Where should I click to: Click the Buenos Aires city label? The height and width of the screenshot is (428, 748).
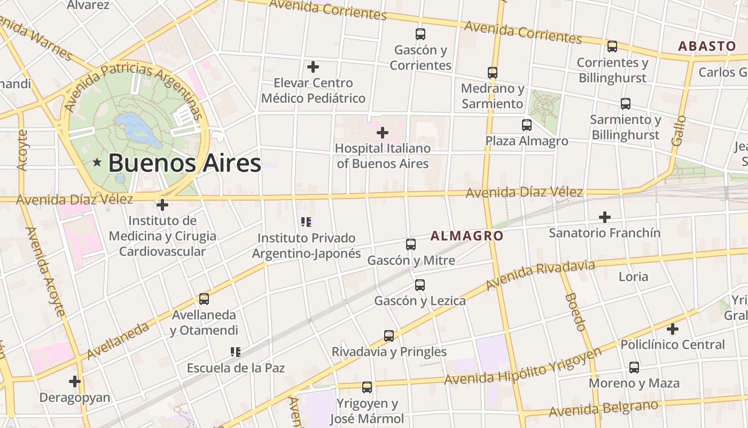[184, 163]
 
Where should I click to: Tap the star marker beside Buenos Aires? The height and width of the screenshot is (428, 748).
[97, 162]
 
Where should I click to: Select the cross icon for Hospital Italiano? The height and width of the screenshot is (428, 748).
[383, 132]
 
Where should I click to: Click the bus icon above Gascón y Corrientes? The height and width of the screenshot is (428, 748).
[420, 34]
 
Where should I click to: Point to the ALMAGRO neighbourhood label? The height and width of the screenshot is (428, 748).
[467, 236]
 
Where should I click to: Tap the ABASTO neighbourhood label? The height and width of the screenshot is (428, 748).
[707, 46]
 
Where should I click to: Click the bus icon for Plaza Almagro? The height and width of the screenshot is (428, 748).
[527, 125]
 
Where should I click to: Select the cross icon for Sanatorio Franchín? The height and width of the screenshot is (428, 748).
[605, 217]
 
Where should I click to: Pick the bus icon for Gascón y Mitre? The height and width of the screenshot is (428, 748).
[411, 244]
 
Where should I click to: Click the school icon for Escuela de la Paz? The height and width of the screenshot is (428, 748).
[236, 351]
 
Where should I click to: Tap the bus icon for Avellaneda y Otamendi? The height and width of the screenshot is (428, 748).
[204, 299]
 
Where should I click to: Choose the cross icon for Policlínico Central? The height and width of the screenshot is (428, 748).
[673, 329]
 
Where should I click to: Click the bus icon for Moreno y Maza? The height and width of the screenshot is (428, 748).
[634, 368]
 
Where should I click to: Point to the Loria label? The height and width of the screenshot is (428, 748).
[633, 277]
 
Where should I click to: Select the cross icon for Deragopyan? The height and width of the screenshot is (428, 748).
[75, 381]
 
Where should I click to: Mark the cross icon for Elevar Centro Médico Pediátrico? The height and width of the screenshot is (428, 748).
[313, 67]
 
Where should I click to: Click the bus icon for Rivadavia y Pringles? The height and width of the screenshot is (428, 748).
[389, 336]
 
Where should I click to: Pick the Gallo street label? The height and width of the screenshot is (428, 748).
[679, 131]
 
